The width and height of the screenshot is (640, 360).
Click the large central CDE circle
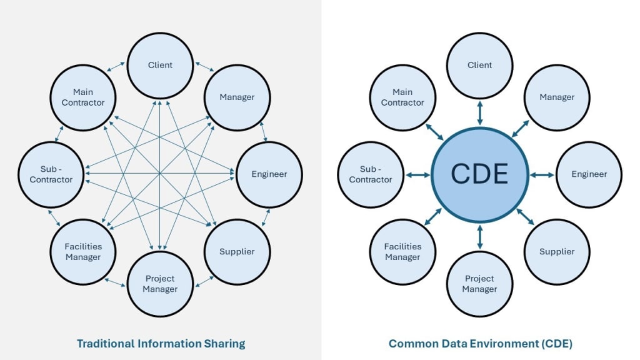(479, 174)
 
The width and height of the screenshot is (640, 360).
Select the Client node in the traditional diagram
(160, 65)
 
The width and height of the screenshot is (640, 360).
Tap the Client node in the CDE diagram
(479, 65)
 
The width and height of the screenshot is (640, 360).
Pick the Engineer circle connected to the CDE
(589, 174)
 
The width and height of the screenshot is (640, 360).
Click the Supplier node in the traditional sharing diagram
(237, 251)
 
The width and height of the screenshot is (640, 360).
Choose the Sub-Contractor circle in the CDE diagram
(371, 174)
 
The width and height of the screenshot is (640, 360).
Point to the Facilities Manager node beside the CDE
(402, 251)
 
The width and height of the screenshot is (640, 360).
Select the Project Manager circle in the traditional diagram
(160, 283)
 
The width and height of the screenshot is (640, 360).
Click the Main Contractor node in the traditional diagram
(83, 97)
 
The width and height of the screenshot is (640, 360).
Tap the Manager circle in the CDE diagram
(556, 97)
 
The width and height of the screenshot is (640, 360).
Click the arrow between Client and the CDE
(479, 112)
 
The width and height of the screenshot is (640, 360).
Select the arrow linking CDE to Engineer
(541, 174)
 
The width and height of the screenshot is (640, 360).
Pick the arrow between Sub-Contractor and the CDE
(417, 174)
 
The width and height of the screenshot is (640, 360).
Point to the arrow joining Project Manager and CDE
(479, 236)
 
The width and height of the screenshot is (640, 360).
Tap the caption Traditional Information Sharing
(161, 343)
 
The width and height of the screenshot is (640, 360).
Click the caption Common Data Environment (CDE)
(480, 343)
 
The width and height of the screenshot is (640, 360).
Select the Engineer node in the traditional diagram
(269, 174)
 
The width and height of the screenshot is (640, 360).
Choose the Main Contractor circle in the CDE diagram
(402, 97)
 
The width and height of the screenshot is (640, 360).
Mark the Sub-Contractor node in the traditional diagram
(51, 174)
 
